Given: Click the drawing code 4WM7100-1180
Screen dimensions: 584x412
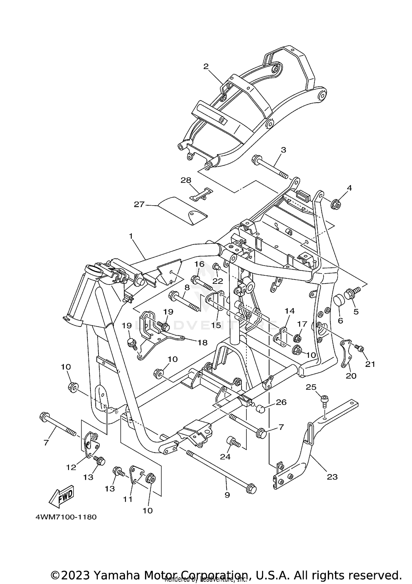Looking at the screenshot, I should tap(66, 517).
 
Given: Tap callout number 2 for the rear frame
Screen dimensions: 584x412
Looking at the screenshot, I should tap(206, 66).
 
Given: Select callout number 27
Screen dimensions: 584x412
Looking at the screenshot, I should tap(139, 204).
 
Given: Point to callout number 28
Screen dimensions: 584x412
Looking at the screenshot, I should tap(186, 180).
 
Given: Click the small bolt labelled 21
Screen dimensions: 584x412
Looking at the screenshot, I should tap(359, 348).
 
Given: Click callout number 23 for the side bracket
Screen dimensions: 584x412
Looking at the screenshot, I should tap(332, 477).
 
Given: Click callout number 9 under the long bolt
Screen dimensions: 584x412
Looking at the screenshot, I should tap(227, 495).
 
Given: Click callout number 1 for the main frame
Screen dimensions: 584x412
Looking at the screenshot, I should tap(131, 236).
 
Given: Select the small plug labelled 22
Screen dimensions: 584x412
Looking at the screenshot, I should tap(216, 266).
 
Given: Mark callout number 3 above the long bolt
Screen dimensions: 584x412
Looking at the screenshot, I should tap(283, 150).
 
